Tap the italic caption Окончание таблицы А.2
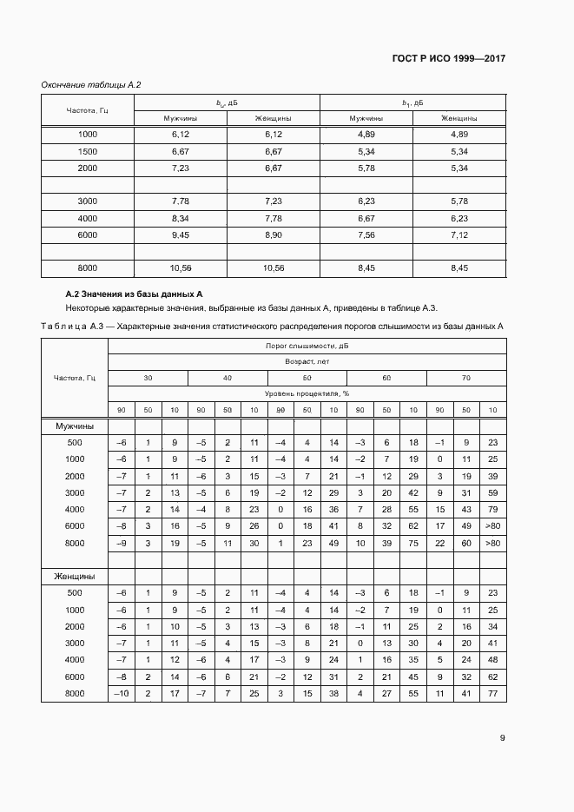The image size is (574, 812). [91, 84]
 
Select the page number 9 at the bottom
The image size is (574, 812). [503, 738]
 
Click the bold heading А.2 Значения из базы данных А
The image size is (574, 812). [135, 295]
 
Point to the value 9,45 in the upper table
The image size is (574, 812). [181, 234]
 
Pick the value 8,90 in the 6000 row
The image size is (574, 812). [273, 234]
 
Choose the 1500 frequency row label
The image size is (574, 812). [88, 151]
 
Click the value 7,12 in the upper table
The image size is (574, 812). [459, 234]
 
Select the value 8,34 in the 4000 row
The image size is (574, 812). [181, 218]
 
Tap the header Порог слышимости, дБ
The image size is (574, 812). [307, 346]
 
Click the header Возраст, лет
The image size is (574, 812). [307, 361]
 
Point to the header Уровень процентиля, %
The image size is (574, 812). [307, 393]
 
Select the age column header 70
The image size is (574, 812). [466, 378]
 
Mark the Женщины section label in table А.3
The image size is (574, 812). [76, 576]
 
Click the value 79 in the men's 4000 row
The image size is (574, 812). [493, 509]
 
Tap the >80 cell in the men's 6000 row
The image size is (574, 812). [493, 525]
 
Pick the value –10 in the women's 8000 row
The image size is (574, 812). [120, 693]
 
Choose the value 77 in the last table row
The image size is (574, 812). [493, 693]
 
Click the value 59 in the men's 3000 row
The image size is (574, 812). [493, 492]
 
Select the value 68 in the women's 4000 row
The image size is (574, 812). [493, 659]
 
